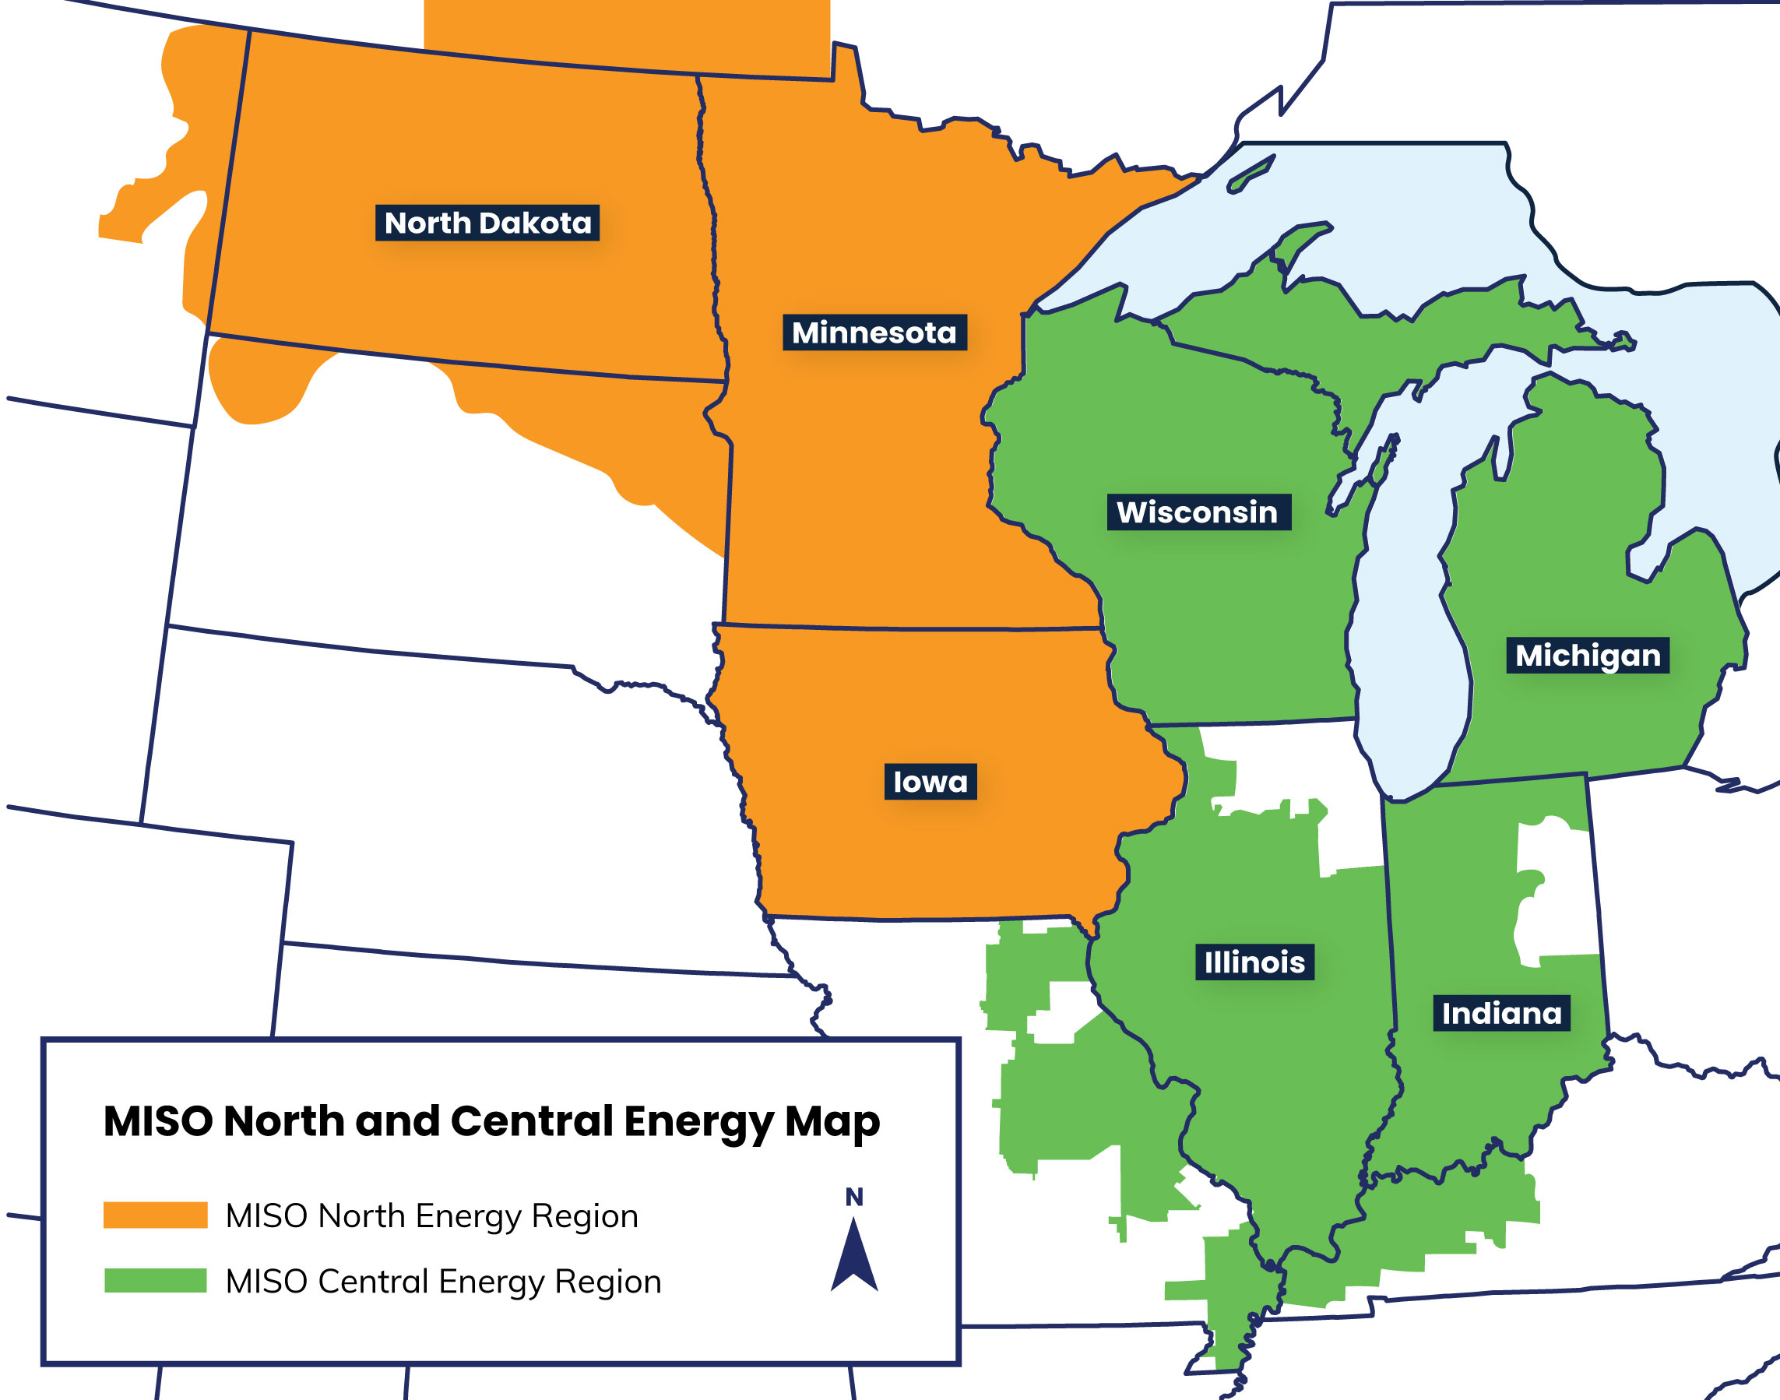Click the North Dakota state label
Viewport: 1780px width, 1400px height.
487,223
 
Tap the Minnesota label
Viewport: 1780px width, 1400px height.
874,332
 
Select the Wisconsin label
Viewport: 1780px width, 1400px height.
1198,512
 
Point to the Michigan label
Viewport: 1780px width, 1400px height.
1588,656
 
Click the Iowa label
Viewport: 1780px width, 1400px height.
930,782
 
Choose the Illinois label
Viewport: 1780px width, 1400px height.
1254,962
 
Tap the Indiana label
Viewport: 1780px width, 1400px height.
1501,1014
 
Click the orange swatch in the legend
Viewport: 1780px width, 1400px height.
155,1215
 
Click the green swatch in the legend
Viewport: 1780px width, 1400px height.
155,1280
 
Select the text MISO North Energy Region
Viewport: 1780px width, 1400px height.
432,1215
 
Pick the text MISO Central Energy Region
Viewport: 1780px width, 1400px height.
443,1281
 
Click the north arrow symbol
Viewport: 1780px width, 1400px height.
854,1257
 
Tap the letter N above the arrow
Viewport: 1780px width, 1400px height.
854,1198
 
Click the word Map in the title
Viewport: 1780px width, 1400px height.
832,1121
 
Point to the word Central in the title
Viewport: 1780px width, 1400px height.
532,1120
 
